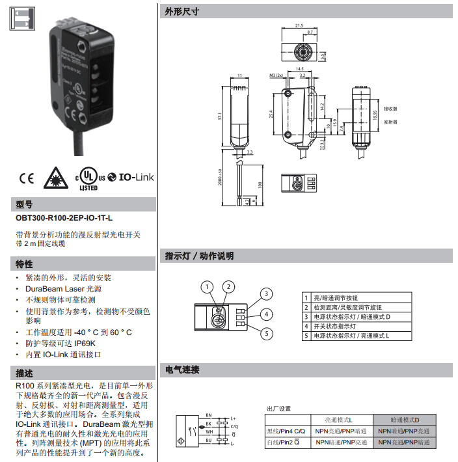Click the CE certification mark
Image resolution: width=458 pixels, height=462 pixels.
(27, 178)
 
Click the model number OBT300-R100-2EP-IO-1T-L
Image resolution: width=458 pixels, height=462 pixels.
(64, 219)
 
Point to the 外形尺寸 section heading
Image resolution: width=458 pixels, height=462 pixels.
(182, 12)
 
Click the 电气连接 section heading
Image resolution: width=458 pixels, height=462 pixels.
(182, 370)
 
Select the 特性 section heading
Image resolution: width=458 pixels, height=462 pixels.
(24, 264)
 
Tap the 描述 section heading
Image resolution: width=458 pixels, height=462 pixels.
(24, 373)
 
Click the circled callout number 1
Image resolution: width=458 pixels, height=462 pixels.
(207, 286)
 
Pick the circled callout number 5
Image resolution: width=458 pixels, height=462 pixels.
(266, 334)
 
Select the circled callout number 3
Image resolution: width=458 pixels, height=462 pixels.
(266, 294)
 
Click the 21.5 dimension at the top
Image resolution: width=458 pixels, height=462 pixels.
(299, 25)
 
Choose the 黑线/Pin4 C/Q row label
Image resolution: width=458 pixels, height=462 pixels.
(285, 431)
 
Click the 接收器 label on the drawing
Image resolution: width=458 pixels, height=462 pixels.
(390, 109)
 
